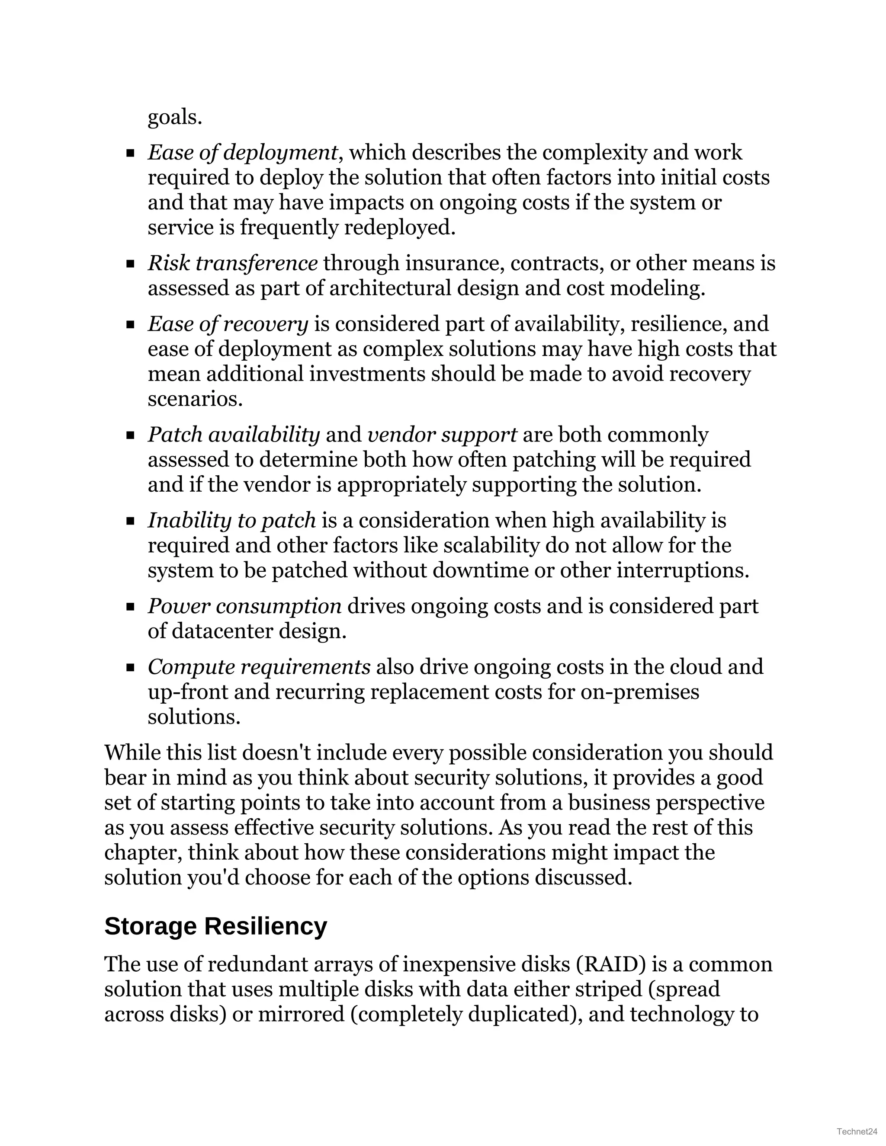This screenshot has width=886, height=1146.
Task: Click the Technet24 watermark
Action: [x=857, y=1131]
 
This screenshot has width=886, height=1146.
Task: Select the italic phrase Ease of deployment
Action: [x=242, y=153]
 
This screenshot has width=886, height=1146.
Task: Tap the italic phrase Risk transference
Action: [x=232, y=263]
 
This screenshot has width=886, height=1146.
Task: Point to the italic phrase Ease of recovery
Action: [x=228, y=324]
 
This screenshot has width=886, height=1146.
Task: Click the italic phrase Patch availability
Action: [x=234, y=435]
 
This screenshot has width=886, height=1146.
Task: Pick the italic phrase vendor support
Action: [x=442, y=435]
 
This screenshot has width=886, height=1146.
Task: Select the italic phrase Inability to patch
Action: [x=231, y=521]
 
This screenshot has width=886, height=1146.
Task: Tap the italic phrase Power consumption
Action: [x=244, y=606]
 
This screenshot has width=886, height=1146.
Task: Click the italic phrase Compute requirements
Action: [x=259, y=667]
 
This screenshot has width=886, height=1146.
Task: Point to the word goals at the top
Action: [x=174, y=118]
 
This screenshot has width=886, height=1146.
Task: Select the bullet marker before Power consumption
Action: [x=131, y=607]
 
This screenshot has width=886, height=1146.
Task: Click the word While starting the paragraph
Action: [x=132, y=752]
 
